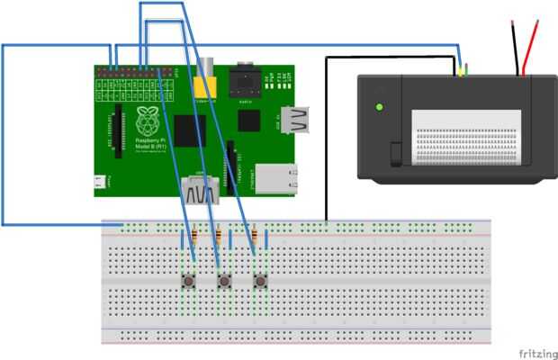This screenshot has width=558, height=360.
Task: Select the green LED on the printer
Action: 380,107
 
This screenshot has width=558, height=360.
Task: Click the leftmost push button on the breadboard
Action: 189,283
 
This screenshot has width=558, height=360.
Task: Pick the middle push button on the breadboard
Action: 224,283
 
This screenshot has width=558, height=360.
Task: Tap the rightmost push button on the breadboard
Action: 260,283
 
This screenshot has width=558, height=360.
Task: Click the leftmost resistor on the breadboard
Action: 184,238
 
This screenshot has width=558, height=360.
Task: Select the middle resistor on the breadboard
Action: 219,238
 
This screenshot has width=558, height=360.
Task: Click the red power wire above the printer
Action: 531,45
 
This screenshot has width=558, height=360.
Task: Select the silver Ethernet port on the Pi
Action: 274,177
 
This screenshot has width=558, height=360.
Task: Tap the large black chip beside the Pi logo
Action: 187,130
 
